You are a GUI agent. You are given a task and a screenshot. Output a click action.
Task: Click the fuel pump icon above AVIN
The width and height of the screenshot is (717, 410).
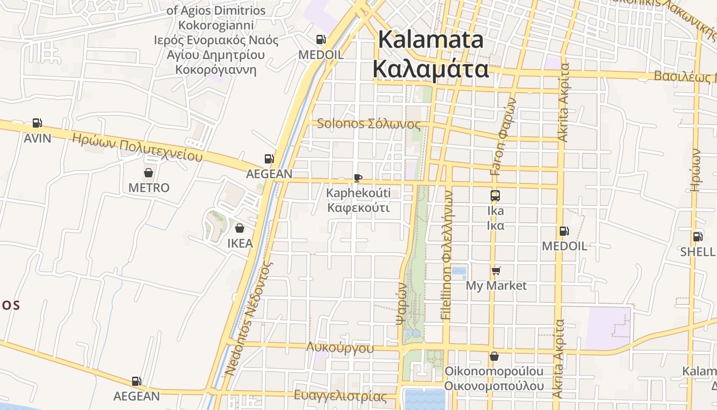[x=37, y=123]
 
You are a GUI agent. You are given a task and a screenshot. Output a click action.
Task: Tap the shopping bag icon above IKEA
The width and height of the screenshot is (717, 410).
[x=240, y=228]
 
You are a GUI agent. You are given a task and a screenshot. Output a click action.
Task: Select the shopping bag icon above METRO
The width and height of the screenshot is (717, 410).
[x=149, y=173]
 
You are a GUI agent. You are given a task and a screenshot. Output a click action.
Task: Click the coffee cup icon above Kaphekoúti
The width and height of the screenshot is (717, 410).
[x=358, y=178]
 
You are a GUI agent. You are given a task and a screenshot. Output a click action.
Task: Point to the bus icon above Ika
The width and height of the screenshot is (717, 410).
[x=495, y=195]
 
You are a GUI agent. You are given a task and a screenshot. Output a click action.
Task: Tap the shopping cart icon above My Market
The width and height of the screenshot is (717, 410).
[x=496, y=271]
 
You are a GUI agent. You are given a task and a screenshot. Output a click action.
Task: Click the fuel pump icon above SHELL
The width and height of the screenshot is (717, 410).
[x=698, y=237]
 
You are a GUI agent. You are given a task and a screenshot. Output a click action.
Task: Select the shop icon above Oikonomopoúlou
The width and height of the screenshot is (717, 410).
[x=494, y=356]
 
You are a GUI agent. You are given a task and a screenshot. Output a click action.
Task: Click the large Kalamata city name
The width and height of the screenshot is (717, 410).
[x=431, y=39]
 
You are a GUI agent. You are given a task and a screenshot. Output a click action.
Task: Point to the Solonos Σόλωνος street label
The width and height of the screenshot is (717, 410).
[x=369, y=124]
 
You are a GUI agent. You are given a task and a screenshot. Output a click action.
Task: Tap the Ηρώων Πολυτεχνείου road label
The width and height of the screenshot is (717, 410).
[x=137, y=147]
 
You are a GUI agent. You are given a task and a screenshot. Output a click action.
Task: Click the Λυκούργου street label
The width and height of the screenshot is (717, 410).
[x=340, y=348]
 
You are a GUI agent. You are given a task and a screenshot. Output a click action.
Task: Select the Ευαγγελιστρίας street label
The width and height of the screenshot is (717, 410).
[x=341, y=396]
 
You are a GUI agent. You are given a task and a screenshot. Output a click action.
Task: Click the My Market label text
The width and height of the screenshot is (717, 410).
[x=496, y=285]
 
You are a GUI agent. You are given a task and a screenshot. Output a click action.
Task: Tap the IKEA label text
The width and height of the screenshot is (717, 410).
[x=240, y=243]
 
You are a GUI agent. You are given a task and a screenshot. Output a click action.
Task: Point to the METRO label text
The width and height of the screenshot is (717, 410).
[x=149, y=188]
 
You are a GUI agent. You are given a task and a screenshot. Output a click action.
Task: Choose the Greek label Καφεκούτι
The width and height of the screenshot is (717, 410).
[x=358, y=208]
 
